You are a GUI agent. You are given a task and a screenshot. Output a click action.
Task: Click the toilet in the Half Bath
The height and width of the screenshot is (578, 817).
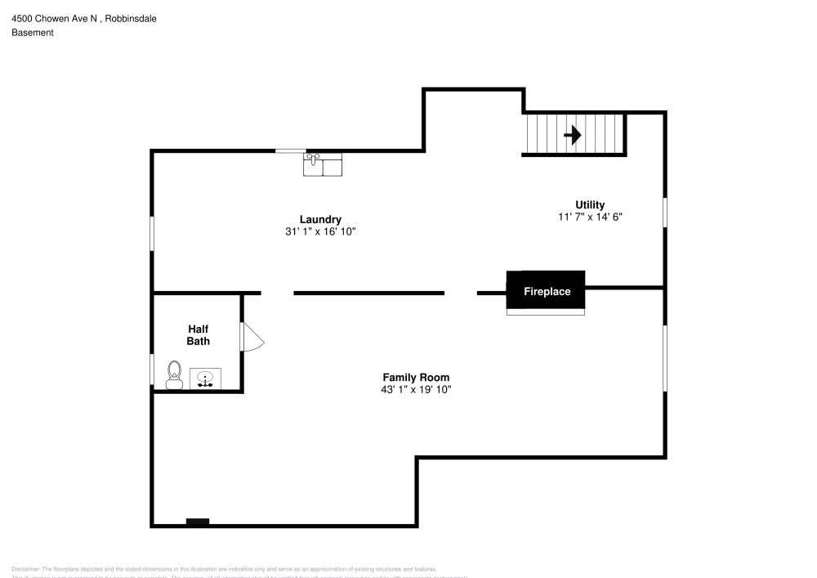[x=174, y=374]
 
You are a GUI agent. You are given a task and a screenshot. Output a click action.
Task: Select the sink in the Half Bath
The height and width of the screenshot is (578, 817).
[x=205, y=379]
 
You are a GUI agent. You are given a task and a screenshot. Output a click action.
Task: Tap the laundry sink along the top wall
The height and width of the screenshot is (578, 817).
[x=323, y=165]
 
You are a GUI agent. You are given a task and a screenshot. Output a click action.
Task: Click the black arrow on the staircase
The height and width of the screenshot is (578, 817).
[x=573, y=134]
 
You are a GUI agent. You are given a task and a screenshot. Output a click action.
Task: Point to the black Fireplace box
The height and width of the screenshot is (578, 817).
[x=546, y=291]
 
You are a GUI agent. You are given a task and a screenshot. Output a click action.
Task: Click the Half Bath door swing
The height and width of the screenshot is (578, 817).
[x=252, y=337]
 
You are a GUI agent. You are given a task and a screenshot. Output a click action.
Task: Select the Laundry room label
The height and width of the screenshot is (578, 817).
[x=320, y=219]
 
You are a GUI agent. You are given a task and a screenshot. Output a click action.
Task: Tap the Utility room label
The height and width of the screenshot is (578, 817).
[x=590, y=205]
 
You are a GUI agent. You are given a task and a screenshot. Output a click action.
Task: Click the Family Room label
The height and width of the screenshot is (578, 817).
[x=416, y=377]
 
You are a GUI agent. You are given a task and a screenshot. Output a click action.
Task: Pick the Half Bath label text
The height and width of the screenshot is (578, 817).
[x=199, y=335]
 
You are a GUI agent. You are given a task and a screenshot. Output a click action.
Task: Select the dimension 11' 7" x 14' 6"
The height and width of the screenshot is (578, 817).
[x=590, y=217]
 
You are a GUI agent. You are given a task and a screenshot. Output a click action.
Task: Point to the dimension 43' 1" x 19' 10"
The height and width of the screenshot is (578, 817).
[x=416, y=390]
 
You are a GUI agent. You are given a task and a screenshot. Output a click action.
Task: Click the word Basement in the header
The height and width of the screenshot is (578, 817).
[x=33, y=33]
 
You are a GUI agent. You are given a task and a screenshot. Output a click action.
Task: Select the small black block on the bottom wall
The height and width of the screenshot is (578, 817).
[x=198, y=522]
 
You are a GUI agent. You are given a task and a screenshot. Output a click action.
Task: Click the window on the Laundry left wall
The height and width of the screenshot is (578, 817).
[x=152, y=234]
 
